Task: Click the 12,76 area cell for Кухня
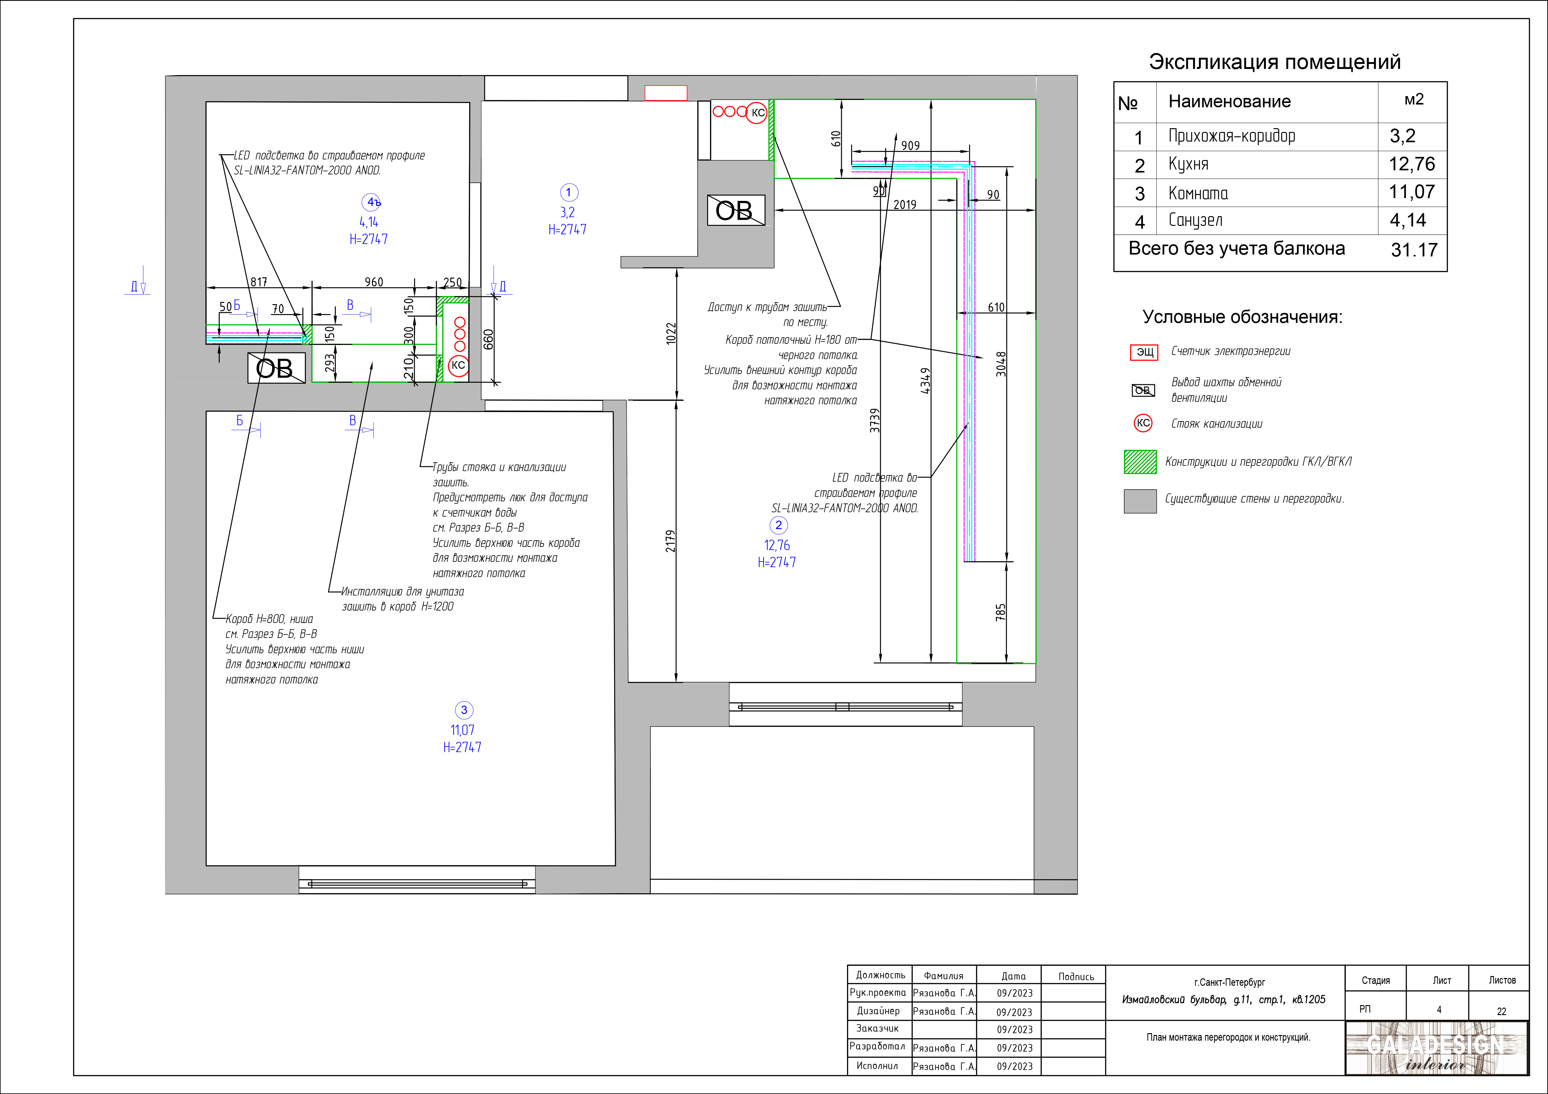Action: point(1412,164)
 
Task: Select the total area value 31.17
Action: point(1414,250)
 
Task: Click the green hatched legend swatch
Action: point(1140,462)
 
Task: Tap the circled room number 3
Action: point(464,710)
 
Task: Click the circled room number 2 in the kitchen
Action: point(779,525)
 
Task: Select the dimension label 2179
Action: point(670,541)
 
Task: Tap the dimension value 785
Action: point(1001,612)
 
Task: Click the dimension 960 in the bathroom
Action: point(374,282)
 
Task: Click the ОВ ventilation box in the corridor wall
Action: point(736,210)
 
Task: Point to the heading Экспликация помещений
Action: point(1274,62)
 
